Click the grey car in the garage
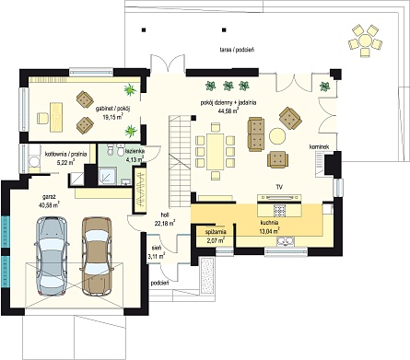click(x=52, y=256)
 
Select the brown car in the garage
click(x=97, y=256)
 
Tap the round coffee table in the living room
click(x=277, y=136)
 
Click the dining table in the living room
click(x=215, y=151)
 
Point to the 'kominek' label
click(x=319, y=147)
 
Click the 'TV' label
click(x=279, y=187)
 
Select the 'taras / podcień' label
click(x=237, y=50)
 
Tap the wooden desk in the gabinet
click(x=56, y=118)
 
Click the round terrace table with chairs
click(x=365, y=41)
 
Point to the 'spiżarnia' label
click(x=216, y=232)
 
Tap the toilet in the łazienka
click(x=111, y=150)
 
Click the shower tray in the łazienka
click(x=107, y=176)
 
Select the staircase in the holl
click(x=179, y=161)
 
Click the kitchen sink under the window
click(x=286, y=241)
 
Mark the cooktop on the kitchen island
click(x=280, y=211)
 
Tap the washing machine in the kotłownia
click(x=33, y=161)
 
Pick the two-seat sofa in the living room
click(x=256, y=134)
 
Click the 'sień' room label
click(x=155, y=247)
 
